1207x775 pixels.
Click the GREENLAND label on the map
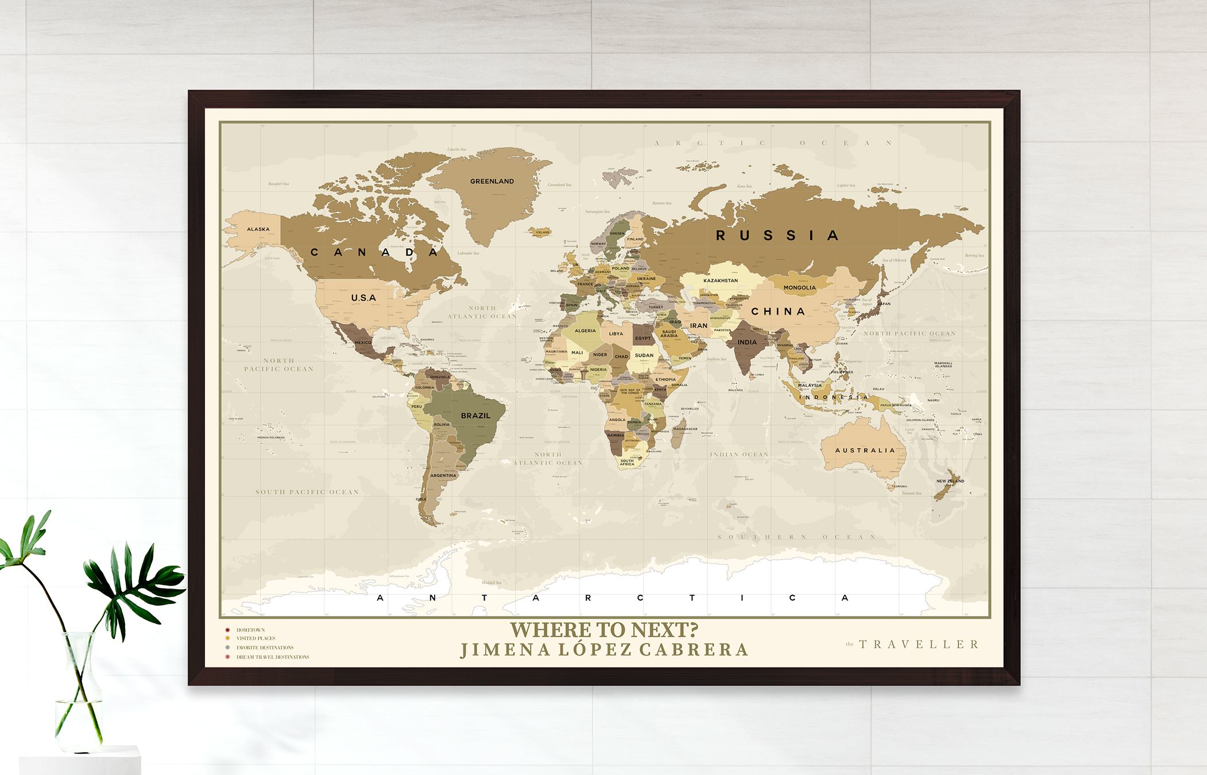coord(492,181)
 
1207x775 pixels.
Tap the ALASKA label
coord(258,229)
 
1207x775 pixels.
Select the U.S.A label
coord(363,298)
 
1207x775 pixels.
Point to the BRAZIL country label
coord(475,416)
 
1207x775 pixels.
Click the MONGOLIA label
coord(799,288)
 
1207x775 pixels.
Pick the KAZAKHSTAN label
coord(721,281)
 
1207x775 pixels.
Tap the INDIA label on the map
coord(747,342)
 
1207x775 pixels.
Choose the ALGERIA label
coord(585,331)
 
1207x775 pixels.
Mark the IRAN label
coord(699,325)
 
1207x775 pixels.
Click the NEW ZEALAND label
coord(950,481)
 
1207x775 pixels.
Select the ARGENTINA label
coord(443,475)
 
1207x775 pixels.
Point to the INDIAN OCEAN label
coord(739,454)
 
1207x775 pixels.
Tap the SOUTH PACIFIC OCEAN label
coord(307,492)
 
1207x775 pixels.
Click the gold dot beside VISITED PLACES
coord(228,638)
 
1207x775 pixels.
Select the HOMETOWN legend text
coord(250,630)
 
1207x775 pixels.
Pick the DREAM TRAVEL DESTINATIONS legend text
coord(273,657)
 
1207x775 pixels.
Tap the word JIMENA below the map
coord(505,650)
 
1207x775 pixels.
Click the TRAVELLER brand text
coord(919,645)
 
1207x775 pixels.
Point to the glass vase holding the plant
coord(79,695)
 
